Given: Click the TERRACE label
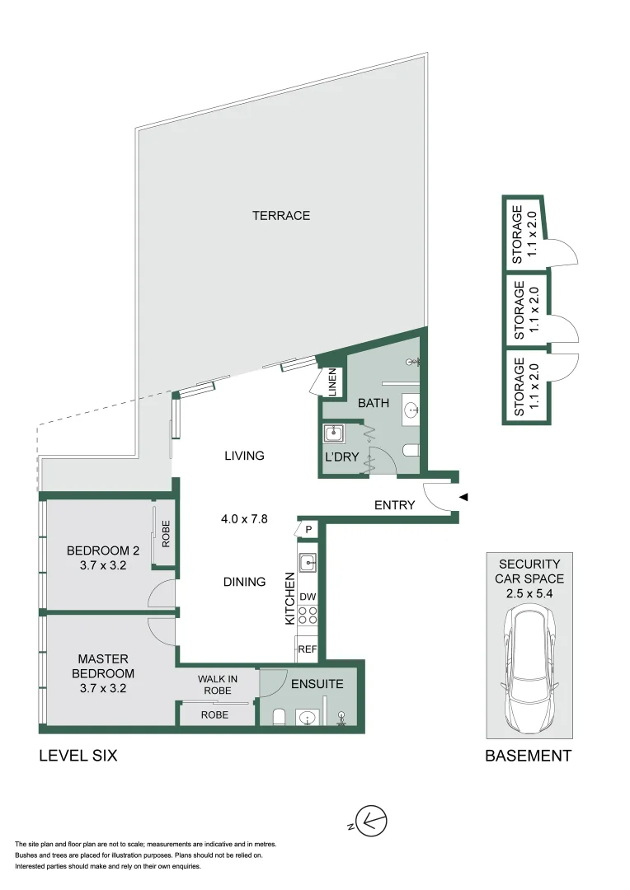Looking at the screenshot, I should point(281,216).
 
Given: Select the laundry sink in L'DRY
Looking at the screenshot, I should point(334,433).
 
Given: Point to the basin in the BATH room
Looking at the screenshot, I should point(411,407).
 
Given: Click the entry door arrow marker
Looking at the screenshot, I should point(463,497).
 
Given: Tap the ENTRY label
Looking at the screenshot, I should point(394,505).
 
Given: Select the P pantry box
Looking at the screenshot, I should point(308,529).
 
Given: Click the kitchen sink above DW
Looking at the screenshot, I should point(308,563).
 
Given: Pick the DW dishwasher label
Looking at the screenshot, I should point(308,596).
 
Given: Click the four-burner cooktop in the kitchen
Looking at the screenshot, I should point(308,616).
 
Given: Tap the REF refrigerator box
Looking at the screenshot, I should point(308,649).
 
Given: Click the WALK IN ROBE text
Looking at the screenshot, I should point(218,685).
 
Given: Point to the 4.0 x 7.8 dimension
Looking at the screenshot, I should point(245,519).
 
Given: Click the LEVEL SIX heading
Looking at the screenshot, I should point(78,755).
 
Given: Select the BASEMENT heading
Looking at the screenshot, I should point(528,755).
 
